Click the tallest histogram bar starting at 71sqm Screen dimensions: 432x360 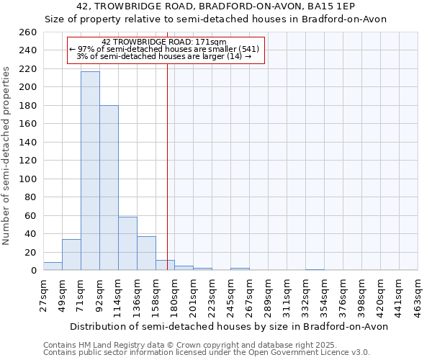[x=91, y=171]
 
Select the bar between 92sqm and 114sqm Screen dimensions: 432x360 [x=109, y=188]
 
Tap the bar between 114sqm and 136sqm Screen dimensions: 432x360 [x=128, y=243]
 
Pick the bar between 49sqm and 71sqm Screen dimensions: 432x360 [x=71, y=255]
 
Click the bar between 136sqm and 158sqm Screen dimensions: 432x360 [x=147, y=253]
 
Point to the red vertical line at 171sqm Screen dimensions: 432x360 [x=167, y=151]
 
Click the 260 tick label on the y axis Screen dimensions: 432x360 [x=28, y=32]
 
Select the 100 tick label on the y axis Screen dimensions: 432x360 [x=28, y=179]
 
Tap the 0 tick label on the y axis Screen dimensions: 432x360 [x=34, y=271]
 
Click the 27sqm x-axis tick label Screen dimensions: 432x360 [x=43, y=296]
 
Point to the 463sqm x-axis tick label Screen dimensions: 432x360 [x=418, y=298]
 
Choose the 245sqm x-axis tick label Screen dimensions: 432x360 [x=230, y=298]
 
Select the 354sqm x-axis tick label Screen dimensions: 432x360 [x=324, y=298]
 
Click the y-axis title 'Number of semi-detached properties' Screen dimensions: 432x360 [x=6, y=156]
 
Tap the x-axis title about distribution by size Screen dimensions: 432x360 [x=229, y=327]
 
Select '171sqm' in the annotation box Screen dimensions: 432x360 [x=211, y=42]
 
